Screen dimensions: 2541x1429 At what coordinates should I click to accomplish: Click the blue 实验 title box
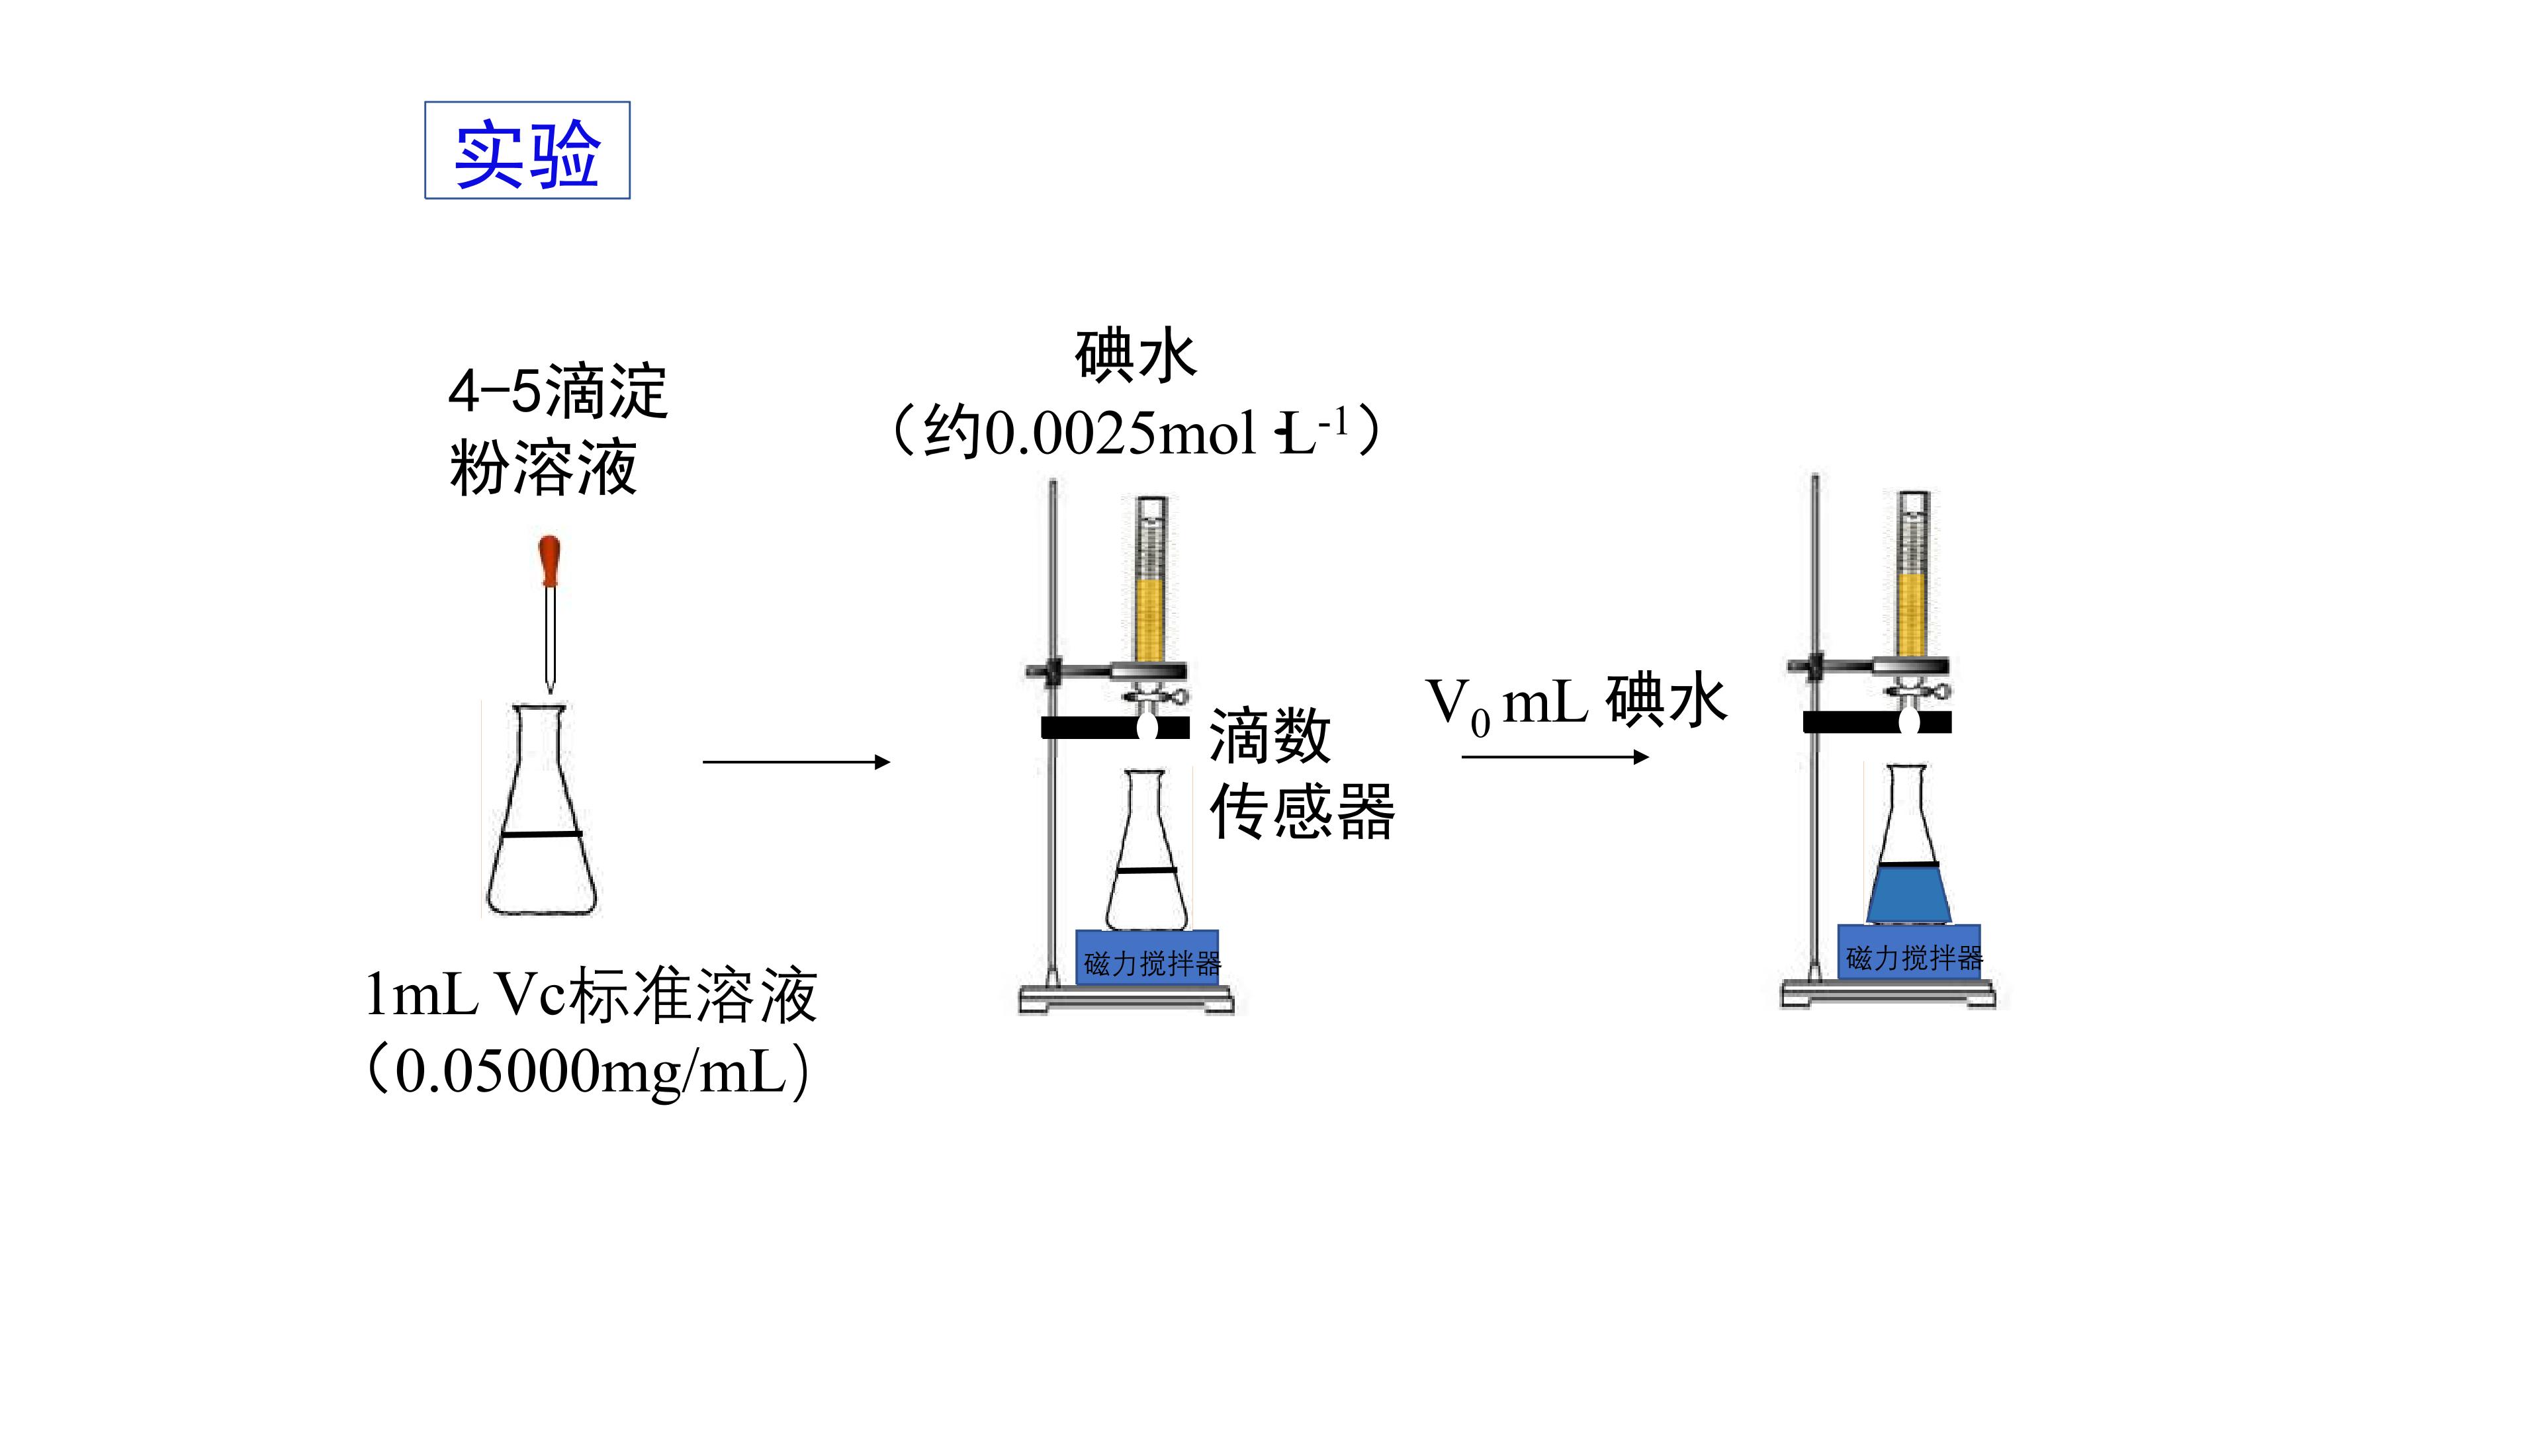(x=527, y=150)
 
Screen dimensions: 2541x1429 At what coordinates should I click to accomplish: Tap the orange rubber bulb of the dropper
(x=549, y=560)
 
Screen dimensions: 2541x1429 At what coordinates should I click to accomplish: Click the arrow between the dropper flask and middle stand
(x=796, y=761)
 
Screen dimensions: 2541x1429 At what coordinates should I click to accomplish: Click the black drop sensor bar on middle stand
(x=1114, y=728)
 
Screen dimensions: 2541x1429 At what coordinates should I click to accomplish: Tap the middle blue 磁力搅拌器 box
(x=1147, y=957)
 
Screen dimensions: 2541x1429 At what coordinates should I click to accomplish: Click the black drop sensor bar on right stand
(x=1877, y=722)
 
